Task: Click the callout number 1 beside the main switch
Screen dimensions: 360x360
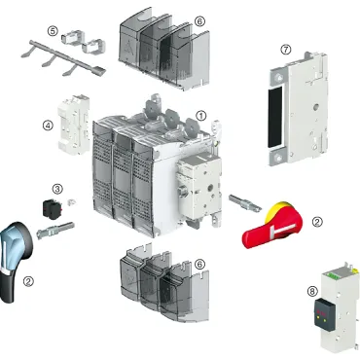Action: coord(201,114)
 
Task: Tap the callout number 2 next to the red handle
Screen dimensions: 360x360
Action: coord(316,221)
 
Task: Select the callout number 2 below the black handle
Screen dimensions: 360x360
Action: coord(29,282)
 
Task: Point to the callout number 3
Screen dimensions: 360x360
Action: coord(57,189)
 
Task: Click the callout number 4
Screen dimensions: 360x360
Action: coord(47,125)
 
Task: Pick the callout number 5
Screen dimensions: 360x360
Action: coord(53,31)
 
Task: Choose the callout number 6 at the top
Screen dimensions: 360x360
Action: coord(199,20)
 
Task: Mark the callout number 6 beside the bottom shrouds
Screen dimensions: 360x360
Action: coord(199,264)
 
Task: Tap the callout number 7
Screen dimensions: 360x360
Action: coord(285,49)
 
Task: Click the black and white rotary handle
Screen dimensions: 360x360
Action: coord(18,253)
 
